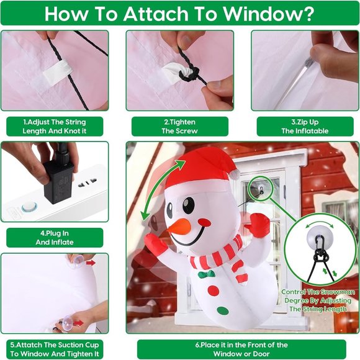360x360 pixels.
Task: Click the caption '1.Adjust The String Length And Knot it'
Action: click(x=55, y=127)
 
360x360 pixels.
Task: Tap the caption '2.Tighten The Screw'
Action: click(x=179, y=127)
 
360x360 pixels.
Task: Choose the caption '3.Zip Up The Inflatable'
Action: click(x=304, y=127)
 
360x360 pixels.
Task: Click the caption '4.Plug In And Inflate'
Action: click(x=55, y=238)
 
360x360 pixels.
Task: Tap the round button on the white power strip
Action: click(x=27, y=207)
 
